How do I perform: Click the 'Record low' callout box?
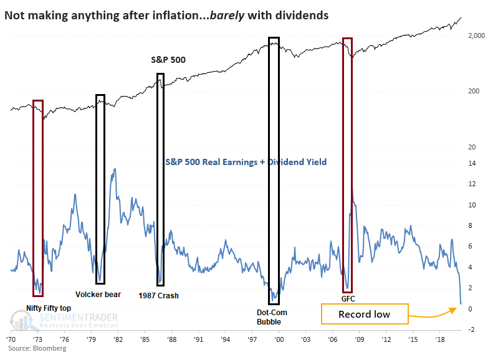pos(364,314)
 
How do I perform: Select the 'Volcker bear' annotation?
pos(98,295)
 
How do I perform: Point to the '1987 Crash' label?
pos(158,296)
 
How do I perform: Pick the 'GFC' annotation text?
pos(348,298)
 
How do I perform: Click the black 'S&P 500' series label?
pos(168,60)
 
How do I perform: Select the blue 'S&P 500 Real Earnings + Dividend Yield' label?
pos(246,162)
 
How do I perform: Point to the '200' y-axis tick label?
pos(475,92)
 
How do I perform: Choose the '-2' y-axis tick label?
pos(472,329)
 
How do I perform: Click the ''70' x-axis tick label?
pos(12,341)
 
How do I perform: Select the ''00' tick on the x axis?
pos(279,341)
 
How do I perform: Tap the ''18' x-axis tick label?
pos(440,341)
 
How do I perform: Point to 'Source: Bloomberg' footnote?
pos(37,349)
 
